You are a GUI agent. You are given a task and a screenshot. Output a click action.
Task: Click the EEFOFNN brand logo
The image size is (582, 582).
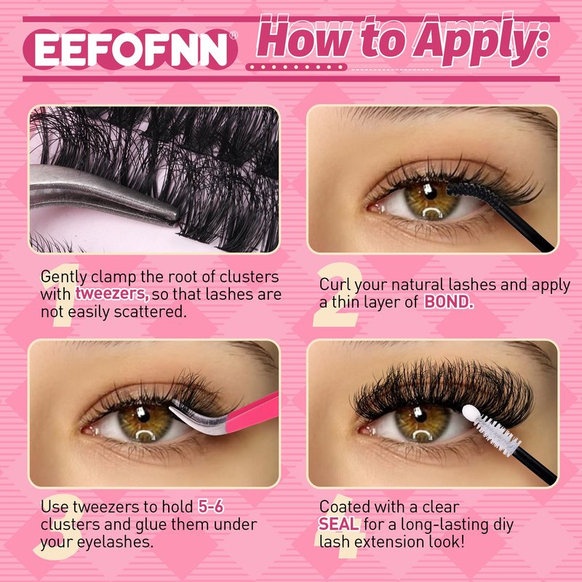(x=130, y=49)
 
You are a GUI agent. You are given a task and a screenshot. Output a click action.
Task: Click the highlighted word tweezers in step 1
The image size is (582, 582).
(x=113, y=294)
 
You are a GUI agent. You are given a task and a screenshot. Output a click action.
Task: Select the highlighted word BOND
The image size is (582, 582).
(x=449, y=302)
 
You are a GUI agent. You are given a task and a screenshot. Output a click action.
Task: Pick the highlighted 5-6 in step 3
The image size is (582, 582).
(x=210, y=506)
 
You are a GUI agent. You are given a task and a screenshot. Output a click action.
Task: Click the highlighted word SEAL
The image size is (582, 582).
(x=339, y=524)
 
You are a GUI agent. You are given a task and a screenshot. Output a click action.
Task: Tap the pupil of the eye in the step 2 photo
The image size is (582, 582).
(x=430, y=193)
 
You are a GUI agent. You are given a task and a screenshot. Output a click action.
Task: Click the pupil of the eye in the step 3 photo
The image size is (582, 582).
(x=142, y=415)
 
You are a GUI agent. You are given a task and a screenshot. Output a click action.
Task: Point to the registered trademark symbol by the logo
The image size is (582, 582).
(x=234, y=35)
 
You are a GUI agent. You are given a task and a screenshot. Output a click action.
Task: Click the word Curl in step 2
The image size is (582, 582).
(x=335, y=284)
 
